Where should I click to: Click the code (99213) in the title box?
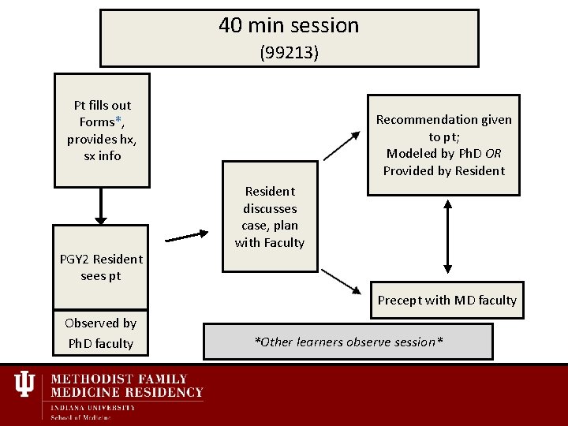pyautogui.click(x=289, y=53)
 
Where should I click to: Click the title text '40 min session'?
pyautogui.click(x=289, y=25)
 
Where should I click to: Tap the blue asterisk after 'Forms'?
pyautogui.click(x=119, y=121)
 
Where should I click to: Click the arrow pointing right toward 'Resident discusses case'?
pyautogui.click(x=188, y=234)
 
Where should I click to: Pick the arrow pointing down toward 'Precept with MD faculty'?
pyautogui.click(x=341, y=281)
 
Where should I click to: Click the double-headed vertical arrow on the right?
pyautogui.click(x=447, y=236)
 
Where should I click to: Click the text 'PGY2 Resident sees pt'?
pyautogui.click(x=101, y=267)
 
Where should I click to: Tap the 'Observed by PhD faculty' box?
pyautogui.click(x=100, y=333)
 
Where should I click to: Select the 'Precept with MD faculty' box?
pyautogui.click(x=447, y=300)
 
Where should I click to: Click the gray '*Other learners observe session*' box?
pyautogui.click(x=348, y=342)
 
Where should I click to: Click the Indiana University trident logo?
pyautogui.click(x=24, y=384)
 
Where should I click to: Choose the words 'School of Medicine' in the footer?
pyautogui.click(x=81, y=417)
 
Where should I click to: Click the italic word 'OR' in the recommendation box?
pyautogui.click(x=493, y=154)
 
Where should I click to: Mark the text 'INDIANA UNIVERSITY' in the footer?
pyautogui.click(x=93, y=407)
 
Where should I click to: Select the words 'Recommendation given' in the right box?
pyautogui.click(x=443, y=120)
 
